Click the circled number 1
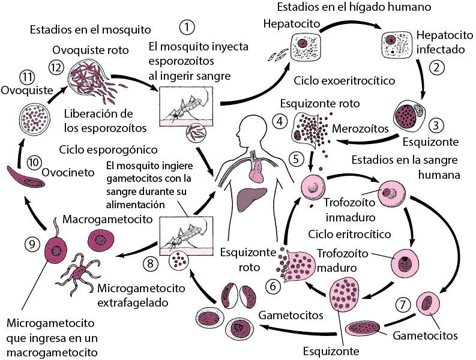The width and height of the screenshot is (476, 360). click(x=188, y=28)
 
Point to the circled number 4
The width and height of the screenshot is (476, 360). click(x=279, y=121)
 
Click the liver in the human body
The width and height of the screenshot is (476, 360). click(x=253, y=199)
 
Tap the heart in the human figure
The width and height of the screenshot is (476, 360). click(x=256, y=172)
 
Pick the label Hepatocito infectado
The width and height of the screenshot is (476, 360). click(x=439, y=42)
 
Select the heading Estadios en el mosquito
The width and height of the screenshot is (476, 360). click(x=90, y=29)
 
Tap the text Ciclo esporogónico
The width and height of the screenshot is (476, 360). click(x=108, y=149)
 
